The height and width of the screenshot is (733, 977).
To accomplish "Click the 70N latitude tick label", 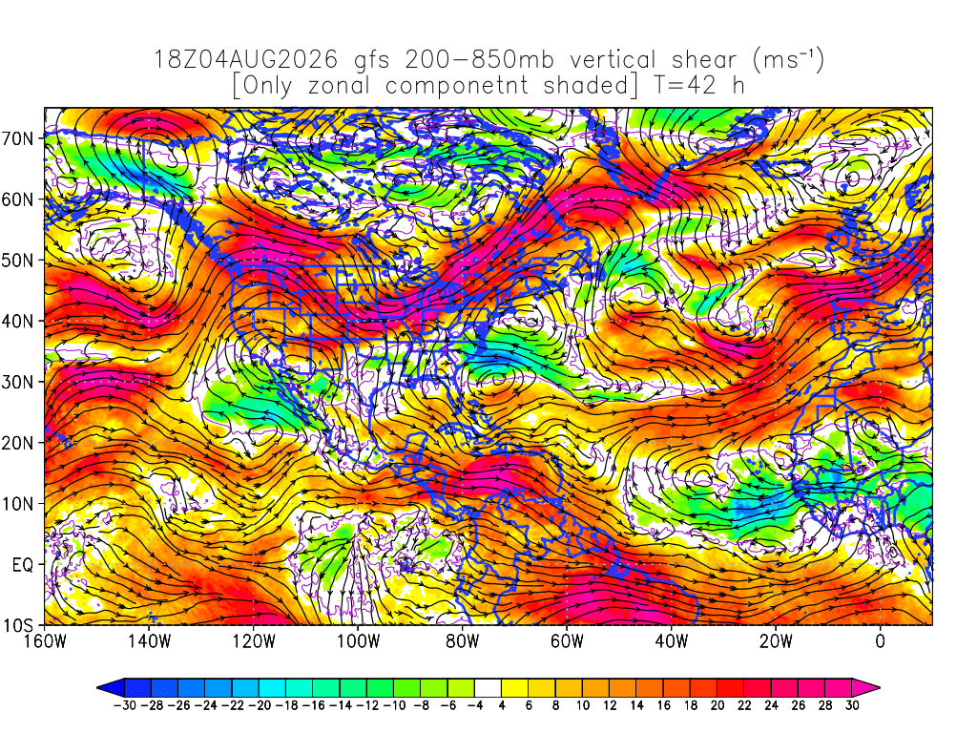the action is coord(17,138).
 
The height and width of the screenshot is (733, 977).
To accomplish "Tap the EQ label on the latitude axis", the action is coord(23,565).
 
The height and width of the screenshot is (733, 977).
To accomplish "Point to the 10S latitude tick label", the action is coord(17,625).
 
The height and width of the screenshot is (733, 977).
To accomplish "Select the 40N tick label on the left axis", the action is coord(17,321).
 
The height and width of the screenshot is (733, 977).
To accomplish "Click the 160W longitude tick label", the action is coord(45,640).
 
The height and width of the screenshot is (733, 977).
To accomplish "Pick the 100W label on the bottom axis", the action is coord(358,640).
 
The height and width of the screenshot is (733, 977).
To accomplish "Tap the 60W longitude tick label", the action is coord(567,640).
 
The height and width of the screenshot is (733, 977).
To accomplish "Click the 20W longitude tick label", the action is coord(776,640).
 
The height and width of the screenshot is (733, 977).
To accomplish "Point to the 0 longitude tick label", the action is coord(880,640).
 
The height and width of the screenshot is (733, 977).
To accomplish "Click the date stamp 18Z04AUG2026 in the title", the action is coord(245,60).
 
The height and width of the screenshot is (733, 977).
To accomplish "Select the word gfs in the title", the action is coord(372,61).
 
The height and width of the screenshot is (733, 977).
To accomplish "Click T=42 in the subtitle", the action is coord(685,85).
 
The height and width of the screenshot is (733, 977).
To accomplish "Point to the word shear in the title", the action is coord(704,60).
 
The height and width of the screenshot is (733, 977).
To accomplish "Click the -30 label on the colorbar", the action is coord(125,705).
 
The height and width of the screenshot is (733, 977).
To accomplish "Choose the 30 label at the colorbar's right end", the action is coord(852,705).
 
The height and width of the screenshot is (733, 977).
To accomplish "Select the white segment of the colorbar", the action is coord(488,688).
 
